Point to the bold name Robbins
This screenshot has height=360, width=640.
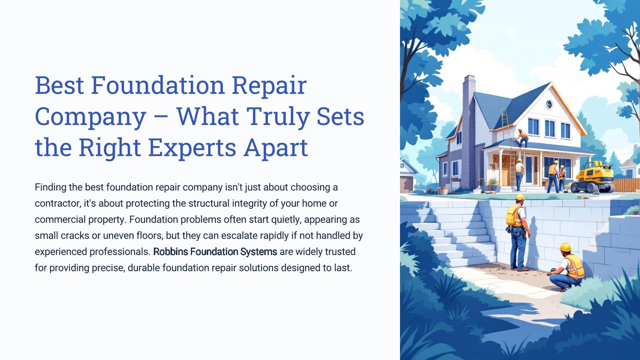point(170,252)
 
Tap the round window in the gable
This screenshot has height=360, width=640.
point(549,105)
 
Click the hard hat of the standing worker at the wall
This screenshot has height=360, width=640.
point(520,197)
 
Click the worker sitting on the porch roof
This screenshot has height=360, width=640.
point(522,138)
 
